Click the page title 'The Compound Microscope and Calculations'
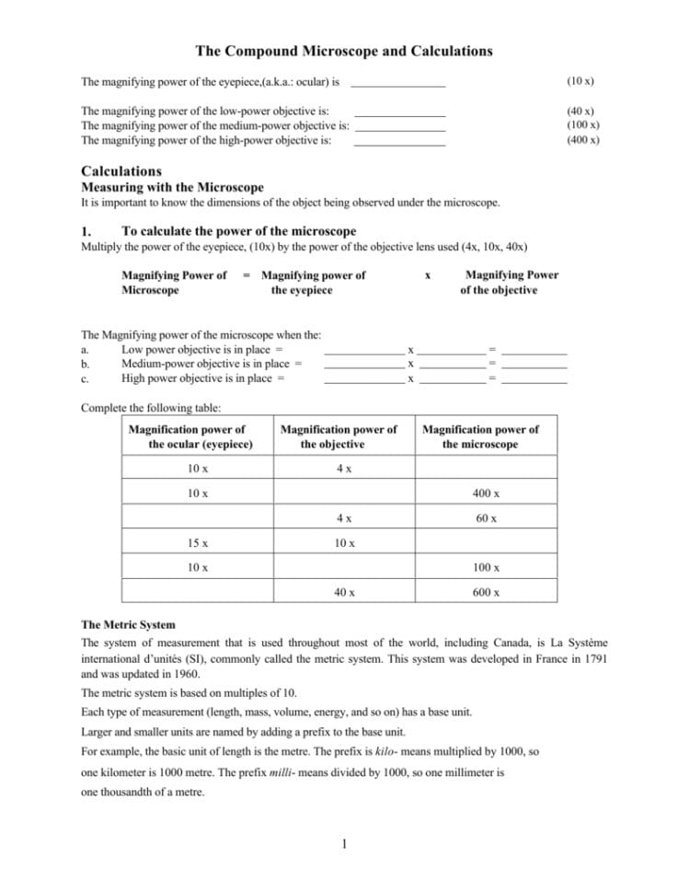coord(344,52)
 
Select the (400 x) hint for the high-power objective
coord(583,140)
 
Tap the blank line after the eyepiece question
coord(398,84)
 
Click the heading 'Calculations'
coord(121,171)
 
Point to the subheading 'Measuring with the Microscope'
coord(172,187)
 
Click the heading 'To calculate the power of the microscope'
coord(238,231)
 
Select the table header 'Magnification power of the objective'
coord(338,436)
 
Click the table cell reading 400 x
coord(486,494)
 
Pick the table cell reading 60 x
coord(486,518)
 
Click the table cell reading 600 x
coord(486,593)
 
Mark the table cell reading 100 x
coord(486,568)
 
